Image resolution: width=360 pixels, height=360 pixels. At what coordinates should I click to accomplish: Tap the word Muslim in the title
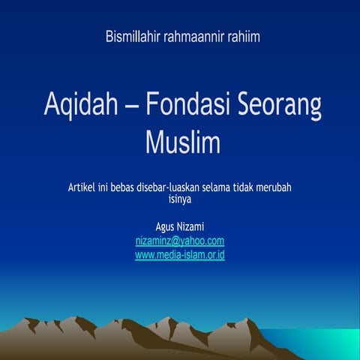coord(180,141)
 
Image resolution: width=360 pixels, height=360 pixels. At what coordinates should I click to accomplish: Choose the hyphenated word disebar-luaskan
coord(181,187)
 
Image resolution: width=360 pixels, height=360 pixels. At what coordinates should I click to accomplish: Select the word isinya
coord(180,199)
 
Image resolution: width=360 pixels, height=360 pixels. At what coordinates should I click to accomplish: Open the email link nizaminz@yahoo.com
coord(180,241)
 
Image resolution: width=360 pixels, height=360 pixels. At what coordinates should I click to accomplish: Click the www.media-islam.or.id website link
coord(180,255)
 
